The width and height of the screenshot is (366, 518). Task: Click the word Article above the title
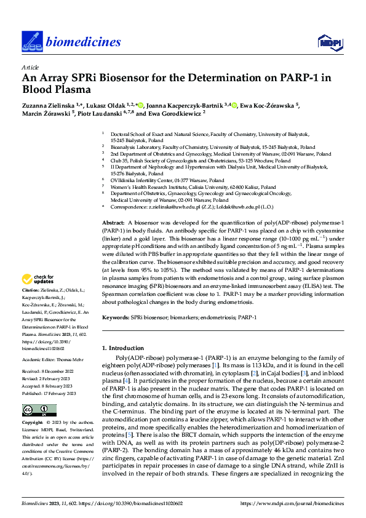(x=30, y=67)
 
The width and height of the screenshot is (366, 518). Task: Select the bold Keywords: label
(x=116, y=317)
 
